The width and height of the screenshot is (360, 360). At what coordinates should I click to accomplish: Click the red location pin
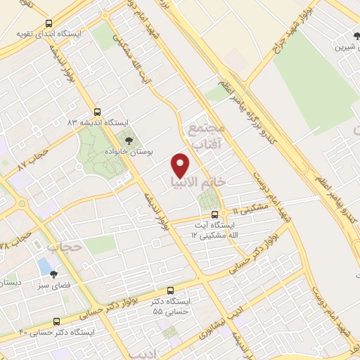[181, 165]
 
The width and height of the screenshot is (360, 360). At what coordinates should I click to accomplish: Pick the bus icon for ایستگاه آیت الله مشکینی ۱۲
[224, 214]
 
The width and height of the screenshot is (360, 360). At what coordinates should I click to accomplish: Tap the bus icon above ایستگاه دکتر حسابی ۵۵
[171, 290]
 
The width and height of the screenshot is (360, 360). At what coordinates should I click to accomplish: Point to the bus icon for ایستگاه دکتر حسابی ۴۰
[56, 321]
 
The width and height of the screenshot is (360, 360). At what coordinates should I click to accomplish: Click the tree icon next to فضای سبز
[53, 275]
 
